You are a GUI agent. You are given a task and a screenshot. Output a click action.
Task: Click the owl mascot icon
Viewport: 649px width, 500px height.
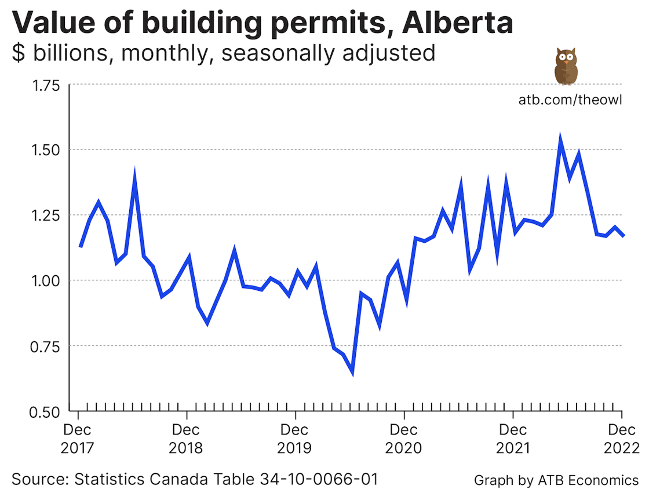pyautogui.click(x=566, y=67)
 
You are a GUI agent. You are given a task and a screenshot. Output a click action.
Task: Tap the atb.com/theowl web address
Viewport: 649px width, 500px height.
pyautogui.click(x=570, y=100)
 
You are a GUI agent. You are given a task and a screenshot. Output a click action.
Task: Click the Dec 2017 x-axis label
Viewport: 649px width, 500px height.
pyautogui.click(x=78, y=439)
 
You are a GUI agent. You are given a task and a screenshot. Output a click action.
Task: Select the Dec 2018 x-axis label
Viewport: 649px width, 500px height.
pyautogui.click(x=187, y=439)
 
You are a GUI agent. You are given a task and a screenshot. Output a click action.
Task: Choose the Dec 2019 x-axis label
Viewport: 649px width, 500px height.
pyautogui.click(x=296, y=439)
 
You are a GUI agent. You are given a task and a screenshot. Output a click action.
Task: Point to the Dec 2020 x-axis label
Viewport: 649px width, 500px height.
pyautogui.click(x=404, y=439)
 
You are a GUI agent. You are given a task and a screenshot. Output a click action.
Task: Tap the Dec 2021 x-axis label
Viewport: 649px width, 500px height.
pyautogui.click(x=513, y=439)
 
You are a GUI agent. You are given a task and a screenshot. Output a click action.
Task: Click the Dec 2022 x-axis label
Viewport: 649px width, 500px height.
pyautogui.click(x=621, y=439)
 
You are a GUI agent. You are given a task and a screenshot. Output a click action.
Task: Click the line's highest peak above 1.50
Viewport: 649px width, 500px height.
pyautogui.click(x=560, y=138)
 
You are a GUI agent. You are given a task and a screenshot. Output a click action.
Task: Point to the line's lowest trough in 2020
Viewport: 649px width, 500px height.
pyautogui.click(x=352, y=373)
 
